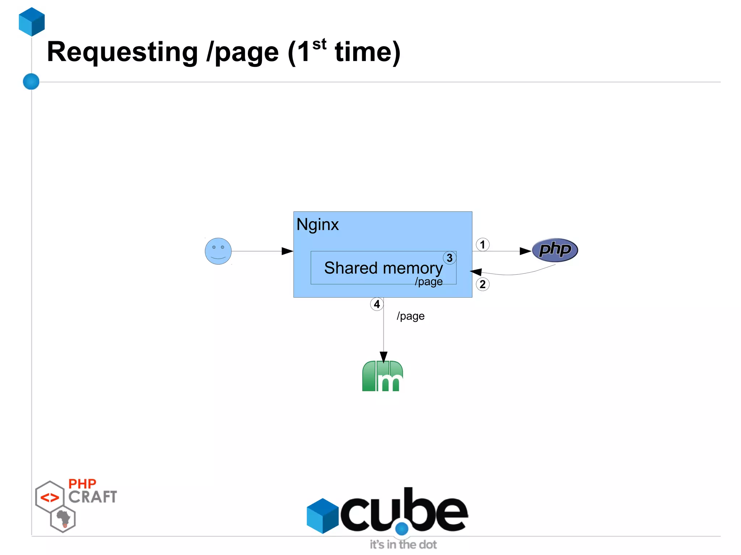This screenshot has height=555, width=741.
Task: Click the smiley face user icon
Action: point(218,251)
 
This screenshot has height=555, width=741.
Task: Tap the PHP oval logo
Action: point(555,250)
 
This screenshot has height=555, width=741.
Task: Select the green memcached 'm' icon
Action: point(382,376)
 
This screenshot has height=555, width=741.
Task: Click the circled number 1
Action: point(482,245)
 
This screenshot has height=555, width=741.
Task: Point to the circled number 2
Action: point(482,284)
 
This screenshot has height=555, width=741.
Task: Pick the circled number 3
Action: point(449,258)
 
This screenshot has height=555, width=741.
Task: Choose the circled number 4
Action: point(377,304)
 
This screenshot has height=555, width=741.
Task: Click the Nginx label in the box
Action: point(317,225)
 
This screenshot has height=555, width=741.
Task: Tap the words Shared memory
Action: point(383,268)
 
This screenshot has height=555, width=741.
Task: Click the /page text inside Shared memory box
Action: point(429,281)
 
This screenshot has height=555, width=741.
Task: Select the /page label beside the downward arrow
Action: point(411,316)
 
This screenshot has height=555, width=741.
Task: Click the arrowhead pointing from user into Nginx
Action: point(287,251)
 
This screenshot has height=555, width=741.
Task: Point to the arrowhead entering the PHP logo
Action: point(525,251)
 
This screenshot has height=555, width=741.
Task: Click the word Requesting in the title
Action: point(122,52)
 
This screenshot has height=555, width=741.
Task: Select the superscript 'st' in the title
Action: point(319,44)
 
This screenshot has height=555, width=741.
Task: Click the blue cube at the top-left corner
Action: point(32,22)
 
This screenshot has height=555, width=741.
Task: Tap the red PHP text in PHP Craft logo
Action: point(82,484)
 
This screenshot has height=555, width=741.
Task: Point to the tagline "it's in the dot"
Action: point(403,545)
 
